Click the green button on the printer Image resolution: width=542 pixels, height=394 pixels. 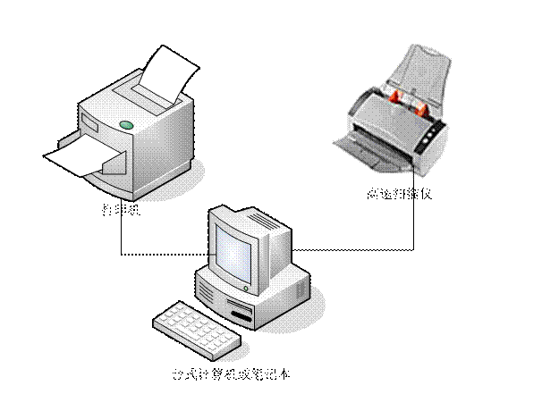pyautogui.click(x=126, y=124)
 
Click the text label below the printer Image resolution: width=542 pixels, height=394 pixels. pyautogui.click(x=120, y=211)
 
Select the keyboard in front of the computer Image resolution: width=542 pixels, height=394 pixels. pyautogui.click(x=197, y=328)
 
